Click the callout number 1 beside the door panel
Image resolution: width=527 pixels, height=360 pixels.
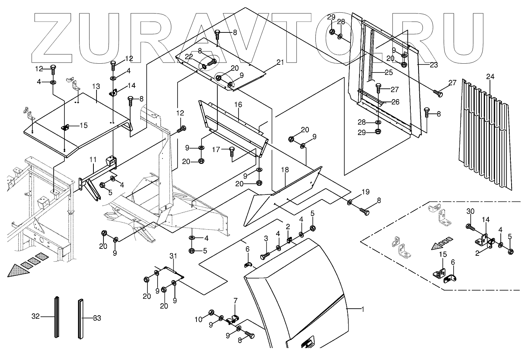tap(362, 309)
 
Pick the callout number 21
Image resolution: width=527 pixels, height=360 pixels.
tap(280, 62)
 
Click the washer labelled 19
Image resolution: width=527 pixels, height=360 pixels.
tap(350, 202)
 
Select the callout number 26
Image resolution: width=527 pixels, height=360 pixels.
tap(395, 102)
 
